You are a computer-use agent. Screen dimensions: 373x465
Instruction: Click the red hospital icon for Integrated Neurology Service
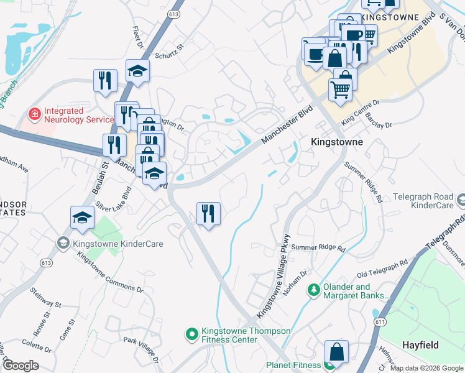[x=34, y=114]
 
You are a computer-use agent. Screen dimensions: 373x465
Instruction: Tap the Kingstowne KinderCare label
[x=118, y=244]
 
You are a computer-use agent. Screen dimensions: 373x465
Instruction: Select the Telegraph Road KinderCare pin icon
[x=460, y=201]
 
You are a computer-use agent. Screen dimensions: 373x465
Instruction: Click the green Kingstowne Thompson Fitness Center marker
[x=192, y=334]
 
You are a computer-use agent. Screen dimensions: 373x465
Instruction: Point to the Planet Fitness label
[x=291, y=366]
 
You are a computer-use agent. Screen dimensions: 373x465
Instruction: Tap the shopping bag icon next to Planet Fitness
[x=336, y=351]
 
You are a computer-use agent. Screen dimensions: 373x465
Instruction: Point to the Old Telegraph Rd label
[x=382, y=269]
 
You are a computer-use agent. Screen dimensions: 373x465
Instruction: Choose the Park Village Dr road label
[x=140, y=349]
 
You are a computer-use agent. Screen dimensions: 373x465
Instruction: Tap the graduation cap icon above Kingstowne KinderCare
[x=81, y=217]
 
